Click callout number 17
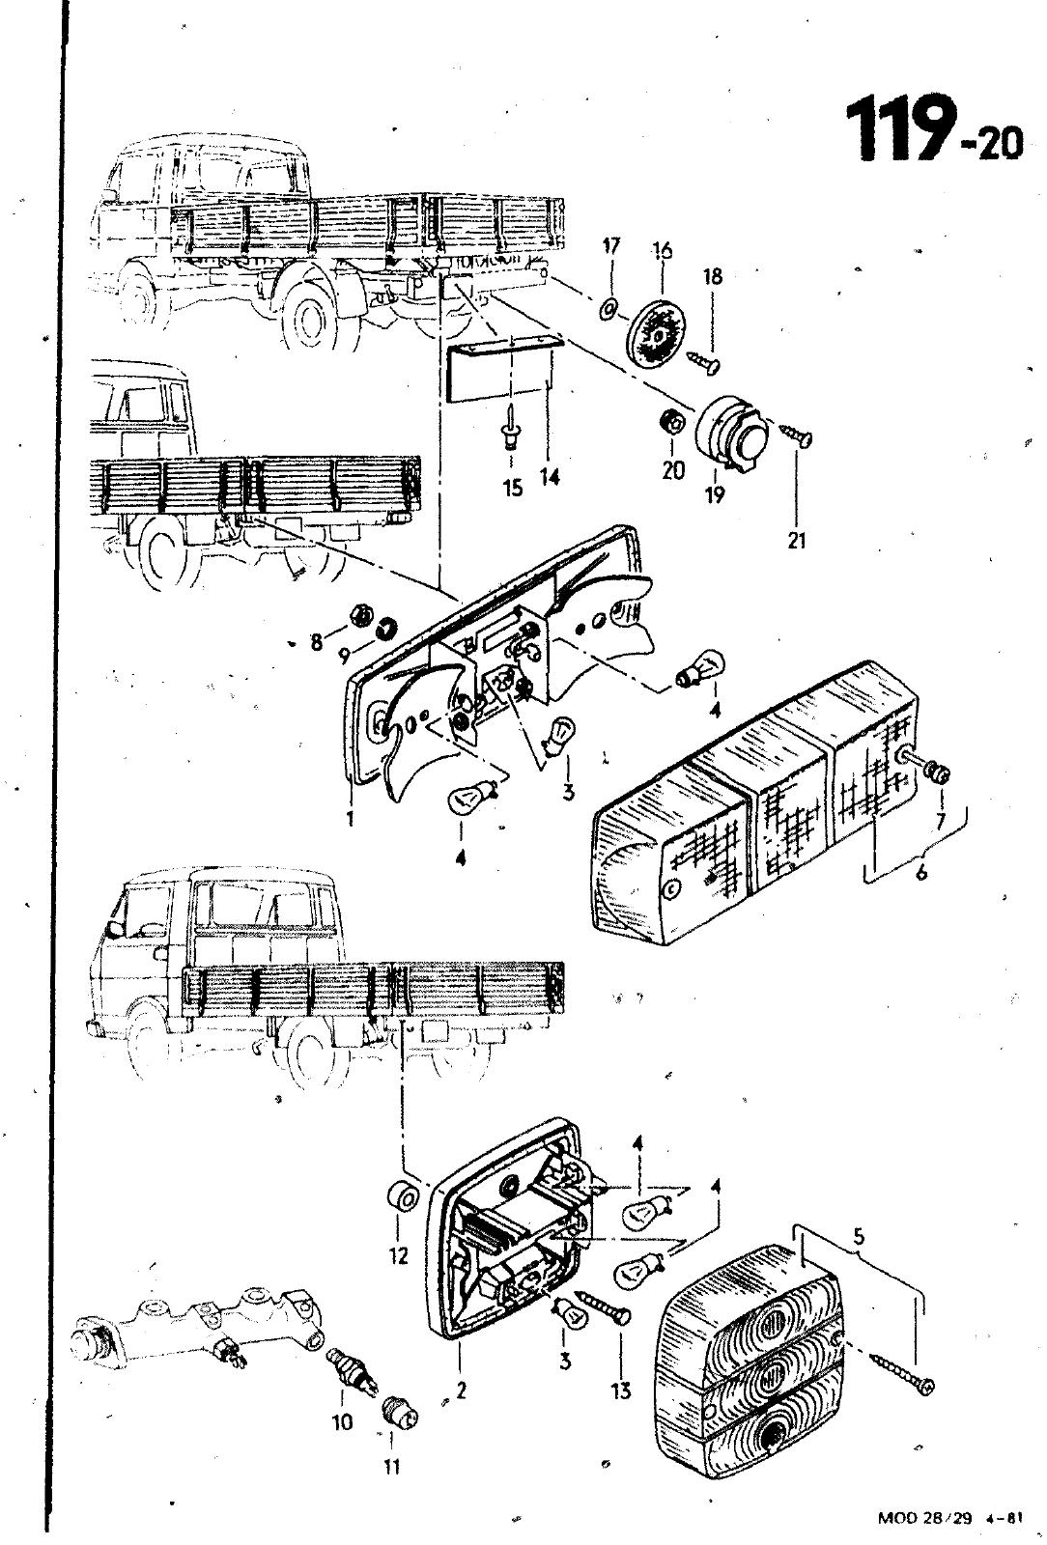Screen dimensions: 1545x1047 point(610,247)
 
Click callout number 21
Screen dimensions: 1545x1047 point(796,541)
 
